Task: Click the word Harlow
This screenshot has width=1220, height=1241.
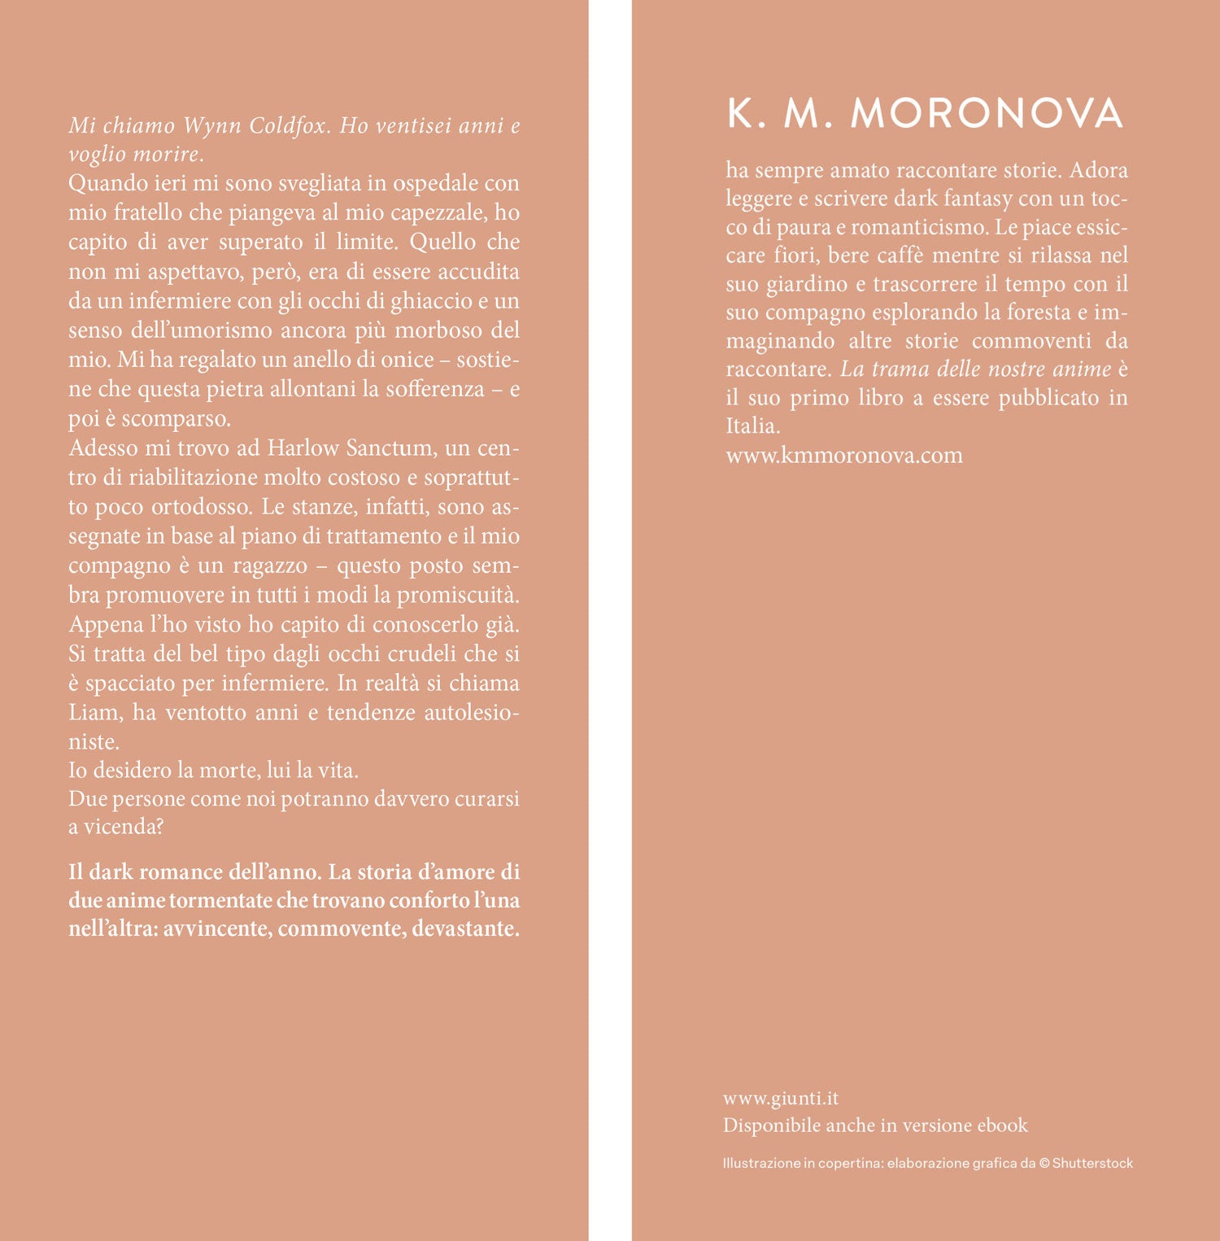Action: point(303,448)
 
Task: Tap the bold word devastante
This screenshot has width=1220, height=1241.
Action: point(465,929)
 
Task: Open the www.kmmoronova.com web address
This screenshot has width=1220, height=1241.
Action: point(844,455)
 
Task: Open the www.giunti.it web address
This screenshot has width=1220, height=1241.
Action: point(781,1098)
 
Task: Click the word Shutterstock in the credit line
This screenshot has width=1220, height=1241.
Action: point(1092,1163)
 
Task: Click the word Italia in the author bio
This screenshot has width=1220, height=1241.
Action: point(752,426)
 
